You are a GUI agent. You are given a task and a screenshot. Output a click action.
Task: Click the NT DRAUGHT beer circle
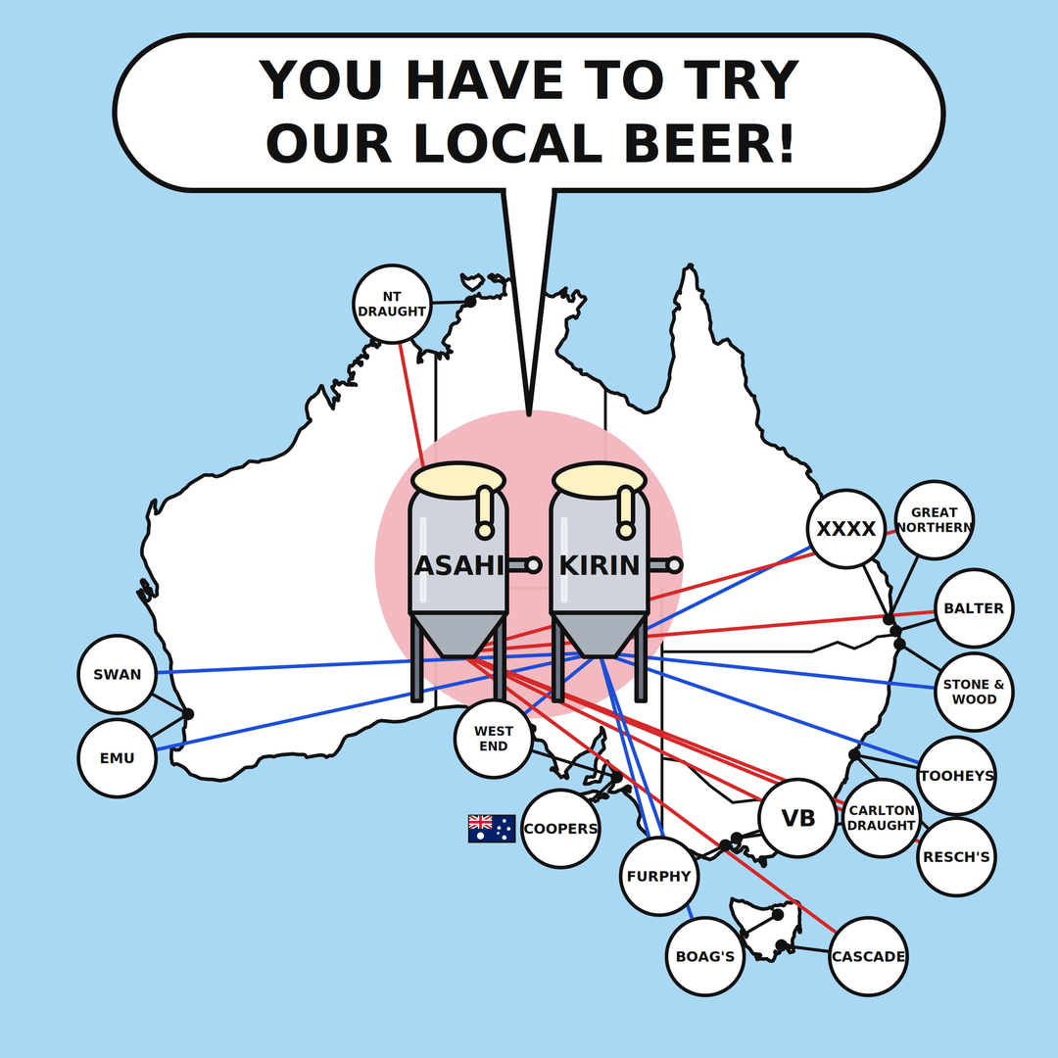click(x=392, y=304)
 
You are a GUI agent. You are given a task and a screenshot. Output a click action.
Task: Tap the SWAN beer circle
click(x=118, y=674)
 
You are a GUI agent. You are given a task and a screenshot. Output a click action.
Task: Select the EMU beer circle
click(x=118, y=757)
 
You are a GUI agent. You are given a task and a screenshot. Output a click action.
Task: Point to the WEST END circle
click(x=493, y=739)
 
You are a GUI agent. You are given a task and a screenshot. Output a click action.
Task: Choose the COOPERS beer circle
click(x=560, y=829)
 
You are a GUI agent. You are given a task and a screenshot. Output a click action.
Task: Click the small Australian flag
click(x=492, y=829)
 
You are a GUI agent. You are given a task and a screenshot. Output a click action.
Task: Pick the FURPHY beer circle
click(x=659, y=876)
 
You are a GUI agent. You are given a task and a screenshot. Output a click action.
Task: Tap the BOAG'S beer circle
click(x=705, y=956)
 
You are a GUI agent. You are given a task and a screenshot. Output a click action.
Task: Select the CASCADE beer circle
click(x=868, y=956)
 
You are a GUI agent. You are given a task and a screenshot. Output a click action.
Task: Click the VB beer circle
click(x=797, y=818)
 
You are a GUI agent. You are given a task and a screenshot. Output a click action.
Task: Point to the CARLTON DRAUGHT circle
click(x=882, y=818)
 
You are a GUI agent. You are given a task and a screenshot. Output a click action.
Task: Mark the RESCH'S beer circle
click(x=957, y=857)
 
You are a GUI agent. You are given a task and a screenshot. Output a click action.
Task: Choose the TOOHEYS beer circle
click(x=957, y=775)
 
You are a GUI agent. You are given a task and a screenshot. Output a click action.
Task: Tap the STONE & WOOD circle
click(x=975, y=692)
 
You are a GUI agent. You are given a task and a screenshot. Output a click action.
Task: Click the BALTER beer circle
click(x=975, y=608)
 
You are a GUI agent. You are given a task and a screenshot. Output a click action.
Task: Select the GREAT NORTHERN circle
click(x=935, y=519)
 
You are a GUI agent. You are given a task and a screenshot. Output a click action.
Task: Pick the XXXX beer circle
click(x=846, y=528)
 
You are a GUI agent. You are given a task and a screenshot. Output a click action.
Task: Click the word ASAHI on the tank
click(x=458, y=565)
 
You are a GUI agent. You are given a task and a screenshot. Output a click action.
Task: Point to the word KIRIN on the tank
click(x=600, y=565)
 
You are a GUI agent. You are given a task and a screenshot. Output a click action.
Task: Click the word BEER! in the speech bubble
click(x=709, y=144)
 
